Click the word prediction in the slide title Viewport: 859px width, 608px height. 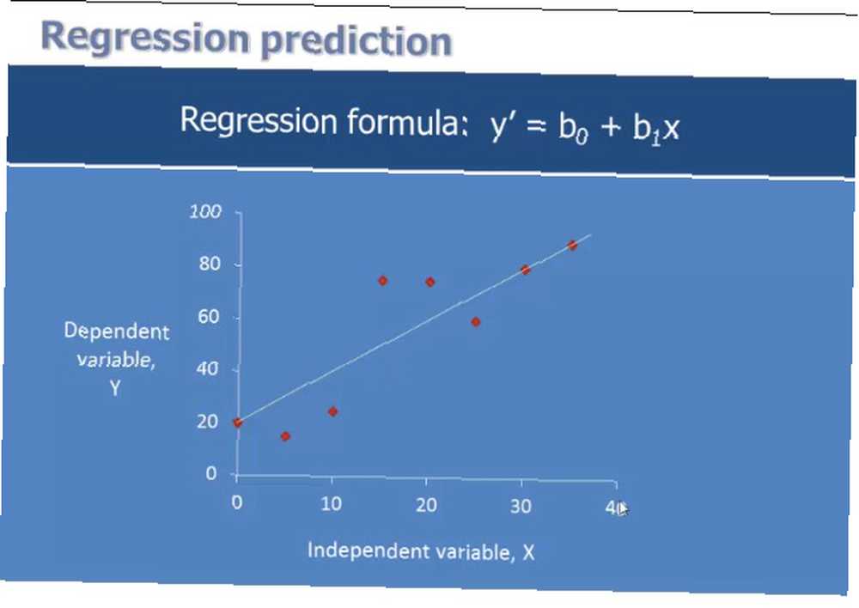356,40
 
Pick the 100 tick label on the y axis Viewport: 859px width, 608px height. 205,211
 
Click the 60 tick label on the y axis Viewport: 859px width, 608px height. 208,317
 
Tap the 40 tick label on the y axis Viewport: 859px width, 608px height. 207,368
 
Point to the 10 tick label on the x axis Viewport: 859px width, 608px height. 331,503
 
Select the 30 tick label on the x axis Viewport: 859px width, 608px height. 521,506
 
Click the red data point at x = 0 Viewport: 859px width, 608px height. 238,423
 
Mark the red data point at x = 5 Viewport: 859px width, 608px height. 285,436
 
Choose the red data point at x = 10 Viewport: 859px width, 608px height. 332,411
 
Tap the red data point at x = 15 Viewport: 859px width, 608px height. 383,281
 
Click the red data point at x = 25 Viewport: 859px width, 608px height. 476,321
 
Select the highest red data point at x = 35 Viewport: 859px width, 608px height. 572,245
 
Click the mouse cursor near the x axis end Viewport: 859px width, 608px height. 622,509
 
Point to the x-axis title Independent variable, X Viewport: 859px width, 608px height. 421,551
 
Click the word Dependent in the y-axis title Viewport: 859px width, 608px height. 117,331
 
